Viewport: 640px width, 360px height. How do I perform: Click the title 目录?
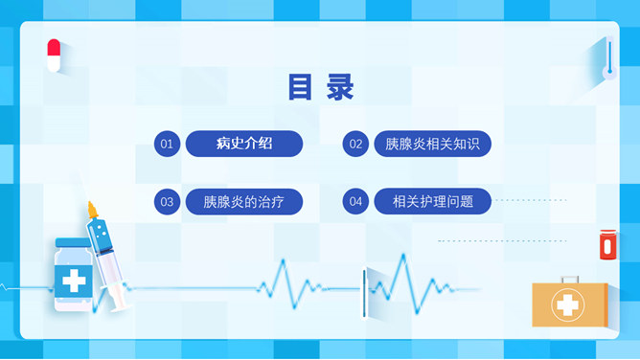320,87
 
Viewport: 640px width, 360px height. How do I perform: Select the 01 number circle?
167,144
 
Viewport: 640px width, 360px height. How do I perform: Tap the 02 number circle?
355,145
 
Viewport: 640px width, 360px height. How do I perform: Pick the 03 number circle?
167,202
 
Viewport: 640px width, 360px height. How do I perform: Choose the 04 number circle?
355,202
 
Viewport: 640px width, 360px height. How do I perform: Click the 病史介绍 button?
244,144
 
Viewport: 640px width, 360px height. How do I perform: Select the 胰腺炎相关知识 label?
432,145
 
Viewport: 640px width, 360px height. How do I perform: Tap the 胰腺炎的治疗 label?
244,202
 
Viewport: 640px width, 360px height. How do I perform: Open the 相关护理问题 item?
433,202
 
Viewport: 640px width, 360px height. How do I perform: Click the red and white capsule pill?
54,55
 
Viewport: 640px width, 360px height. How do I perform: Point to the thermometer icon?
607,59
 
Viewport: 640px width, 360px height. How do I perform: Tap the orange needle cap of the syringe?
93,209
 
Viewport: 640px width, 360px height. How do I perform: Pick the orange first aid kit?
569,304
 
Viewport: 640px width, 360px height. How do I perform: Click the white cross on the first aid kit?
569,307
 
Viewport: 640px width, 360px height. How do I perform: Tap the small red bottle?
606,245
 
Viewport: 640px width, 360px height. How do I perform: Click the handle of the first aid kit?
570,280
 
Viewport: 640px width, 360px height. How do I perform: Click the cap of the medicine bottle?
72,244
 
